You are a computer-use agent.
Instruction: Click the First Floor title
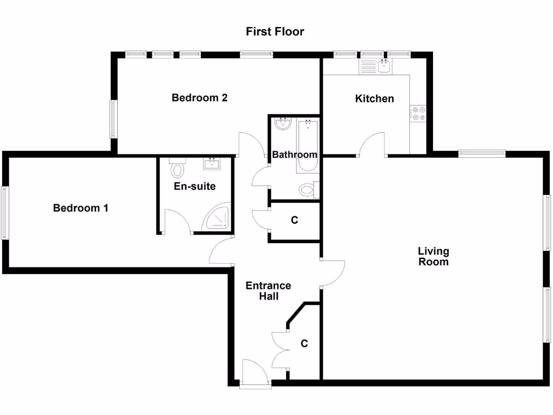275,31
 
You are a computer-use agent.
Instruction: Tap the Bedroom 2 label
199,98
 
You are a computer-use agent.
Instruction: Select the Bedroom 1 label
80,208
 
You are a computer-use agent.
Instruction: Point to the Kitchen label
374,98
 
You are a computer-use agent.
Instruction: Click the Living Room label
433,257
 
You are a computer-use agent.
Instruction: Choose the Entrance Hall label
268,291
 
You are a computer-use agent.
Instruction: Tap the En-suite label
194,186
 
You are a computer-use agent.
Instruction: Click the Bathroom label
294,155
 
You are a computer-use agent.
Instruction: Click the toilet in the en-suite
177,169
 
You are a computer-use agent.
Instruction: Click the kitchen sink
385,66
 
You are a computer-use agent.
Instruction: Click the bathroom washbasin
282,124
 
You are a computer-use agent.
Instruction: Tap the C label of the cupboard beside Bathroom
294,220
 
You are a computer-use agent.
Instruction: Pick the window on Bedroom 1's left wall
4,213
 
